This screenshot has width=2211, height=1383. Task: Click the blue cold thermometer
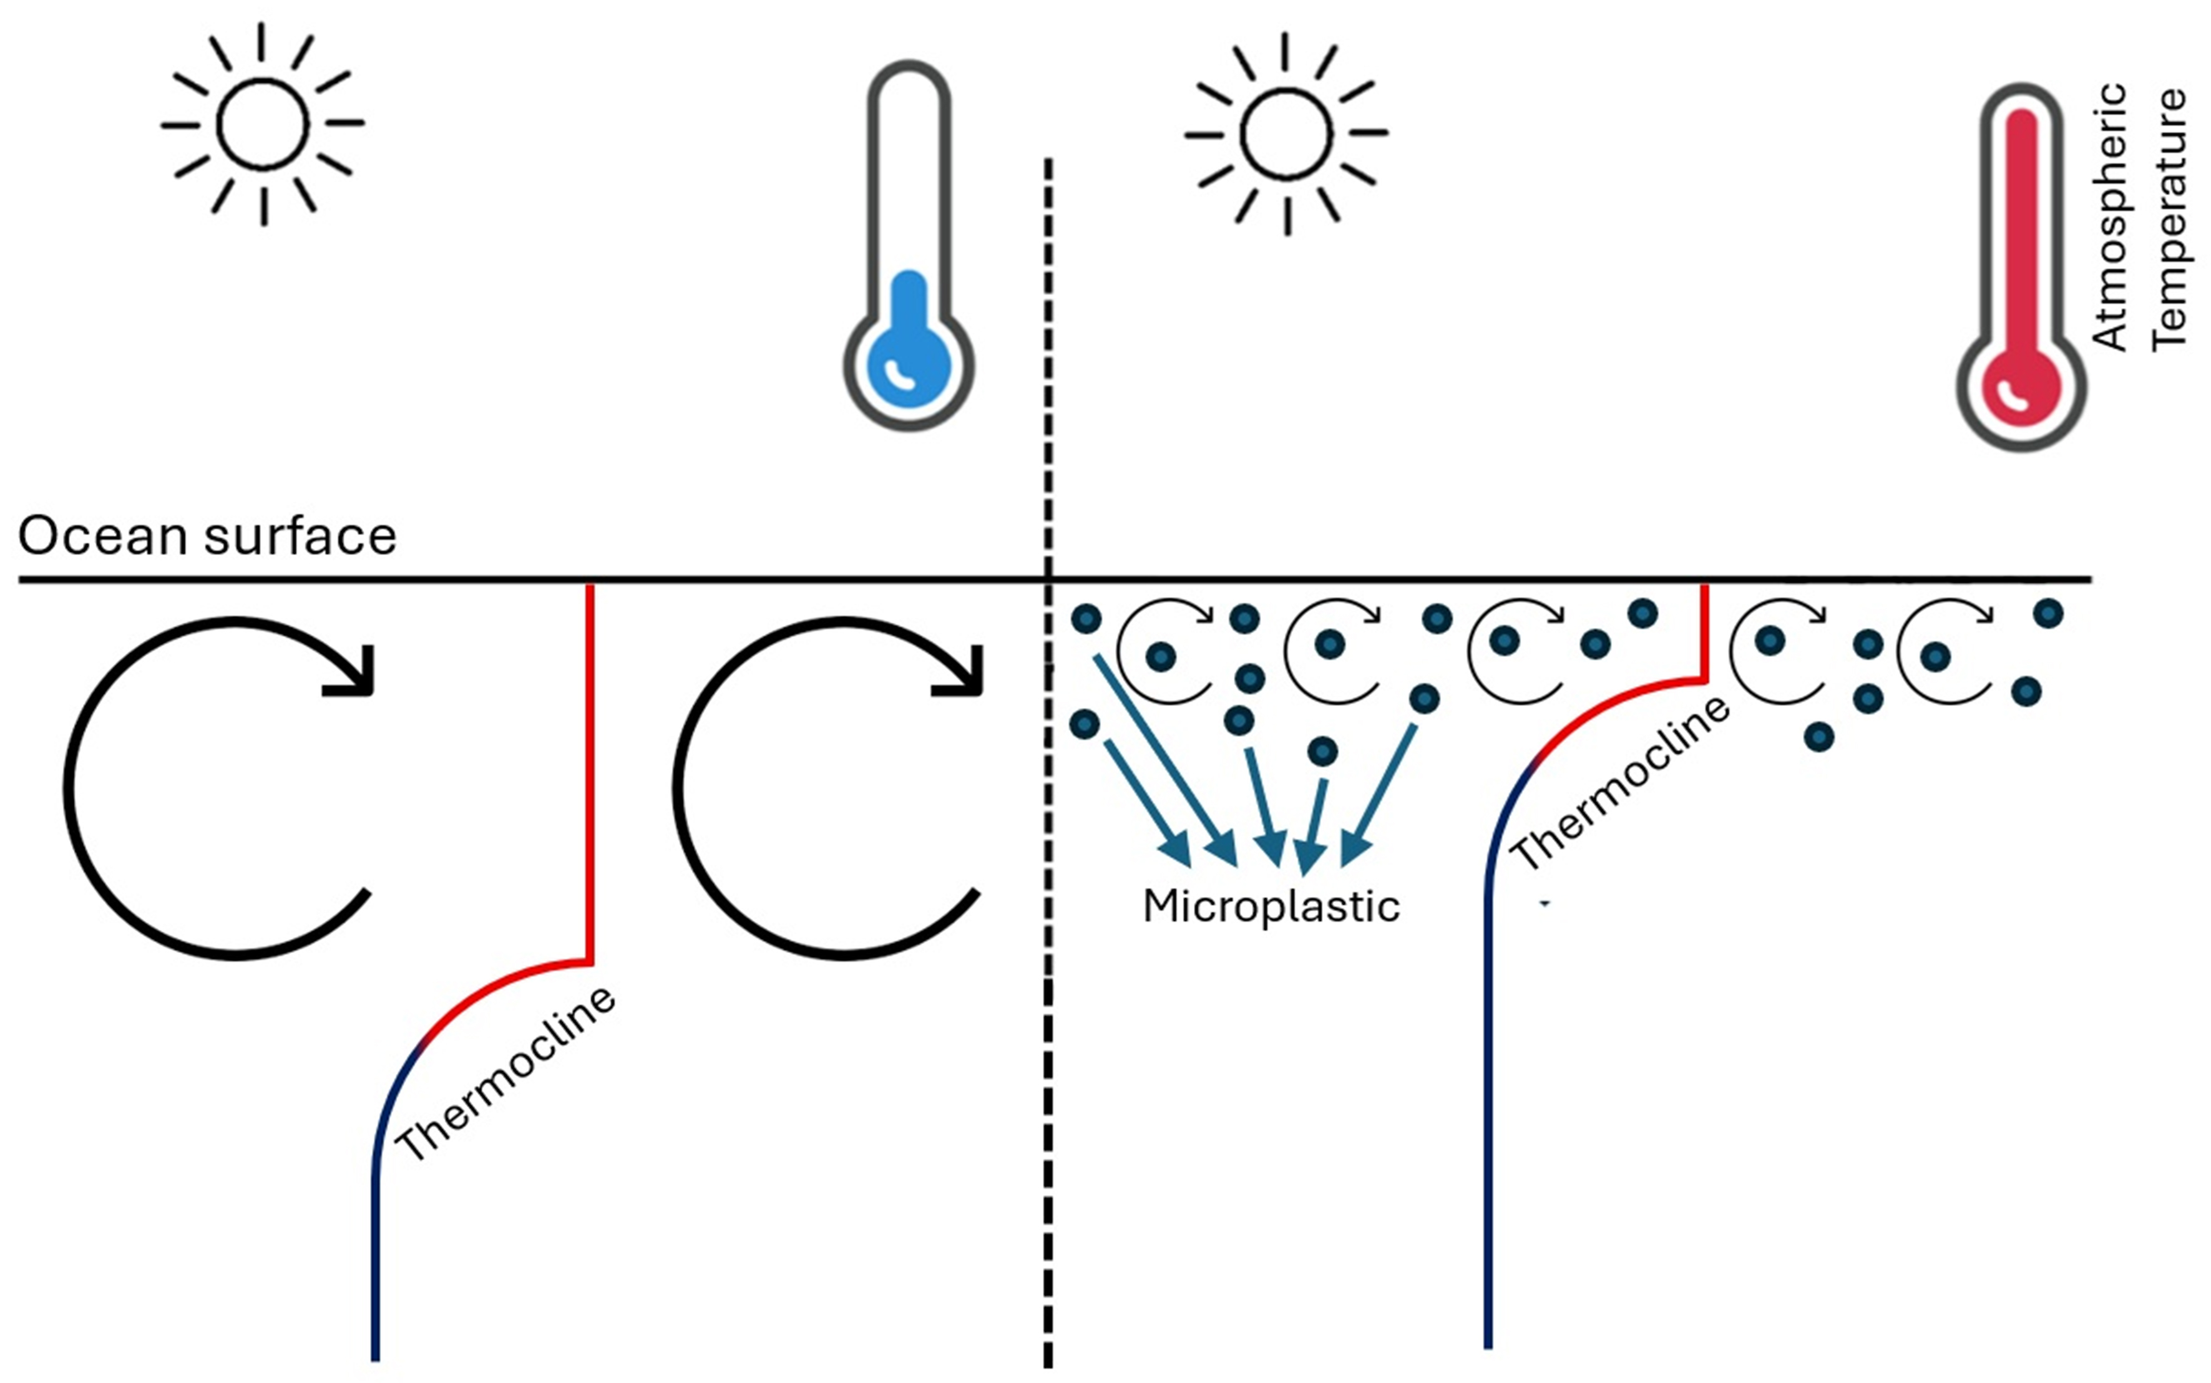(x=909, y=247)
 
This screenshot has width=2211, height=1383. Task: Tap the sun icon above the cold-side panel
(x=263, y=124)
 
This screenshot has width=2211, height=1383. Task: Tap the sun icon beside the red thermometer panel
(x=1286, y=135)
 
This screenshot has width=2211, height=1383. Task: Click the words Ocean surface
(x=207, y=536)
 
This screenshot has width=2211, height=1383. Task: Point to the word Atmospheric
(x=2109, y=217)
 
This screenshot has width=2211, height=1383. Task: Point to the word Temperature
(x=2168, y=220)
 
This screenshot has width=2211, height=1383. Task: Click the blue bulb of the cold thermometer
(x=909, y=366)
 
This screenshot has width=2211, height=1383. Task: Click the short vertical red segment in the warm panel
(x=1704, y=631)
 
